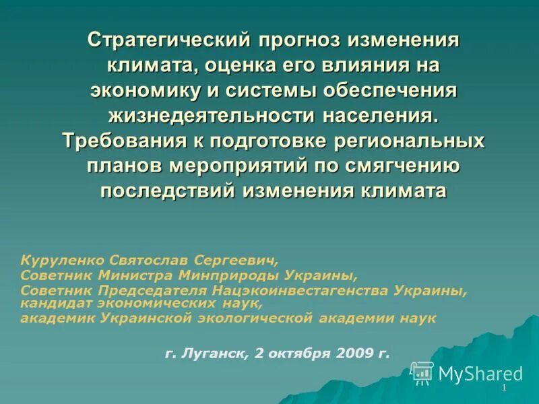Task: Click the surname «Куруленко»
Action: tap(62, 259)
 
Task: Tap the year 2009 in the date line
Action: tap(354, 352)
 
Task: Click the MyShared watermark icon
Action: tap(422, 372)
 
